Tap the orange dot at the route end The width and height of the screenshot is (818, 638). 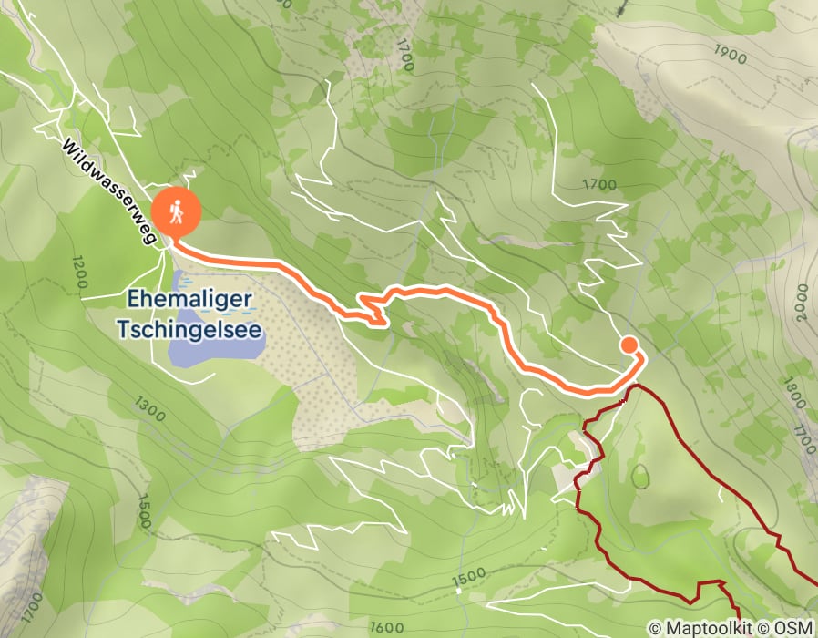coord(629,345)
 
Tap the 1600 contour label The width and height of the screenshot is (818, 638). coord(387,627)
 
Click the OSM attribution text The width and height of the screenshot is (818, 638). coord(789,628)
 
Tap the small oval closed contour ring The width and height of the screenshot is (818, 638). coord(641,476)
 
